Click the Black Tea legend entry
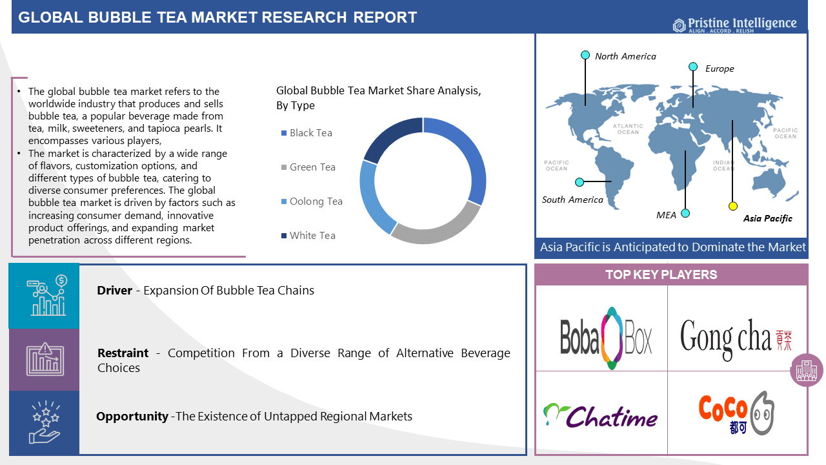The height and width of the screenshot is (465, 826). point(307,133)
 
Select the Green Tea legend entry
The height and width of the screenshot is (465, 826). point(308,167)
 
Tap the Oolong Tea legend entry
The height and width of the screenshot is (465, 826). point(312,201)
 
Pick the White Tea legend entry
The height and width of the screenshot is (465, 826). point(308,236)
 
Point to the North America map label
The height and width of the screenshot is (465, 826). point(625,56)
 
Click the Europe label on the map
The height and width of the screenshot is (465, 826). point(720,68)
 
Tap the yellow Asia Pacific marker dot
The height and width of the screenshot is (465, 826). point(732,206)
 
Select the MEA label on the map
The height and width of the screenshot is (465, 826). point(666,215)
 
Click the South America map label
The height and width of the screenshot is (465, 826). point(572,200)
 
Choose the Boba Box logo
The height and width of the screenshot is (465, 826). point(606,338)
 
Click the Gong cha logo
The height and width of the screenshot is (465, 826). point(736,338)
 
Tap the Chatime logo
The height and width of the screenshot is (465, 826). point(600,415)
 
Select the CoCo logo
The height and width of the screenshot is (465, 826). point(736,413)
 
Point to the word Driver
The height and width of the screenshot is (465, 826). point(114,291)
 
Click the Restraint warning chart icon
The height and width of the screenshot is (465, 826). point(44,359)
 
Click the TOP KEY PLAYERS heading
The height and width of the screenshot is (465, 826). point(670,275)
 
